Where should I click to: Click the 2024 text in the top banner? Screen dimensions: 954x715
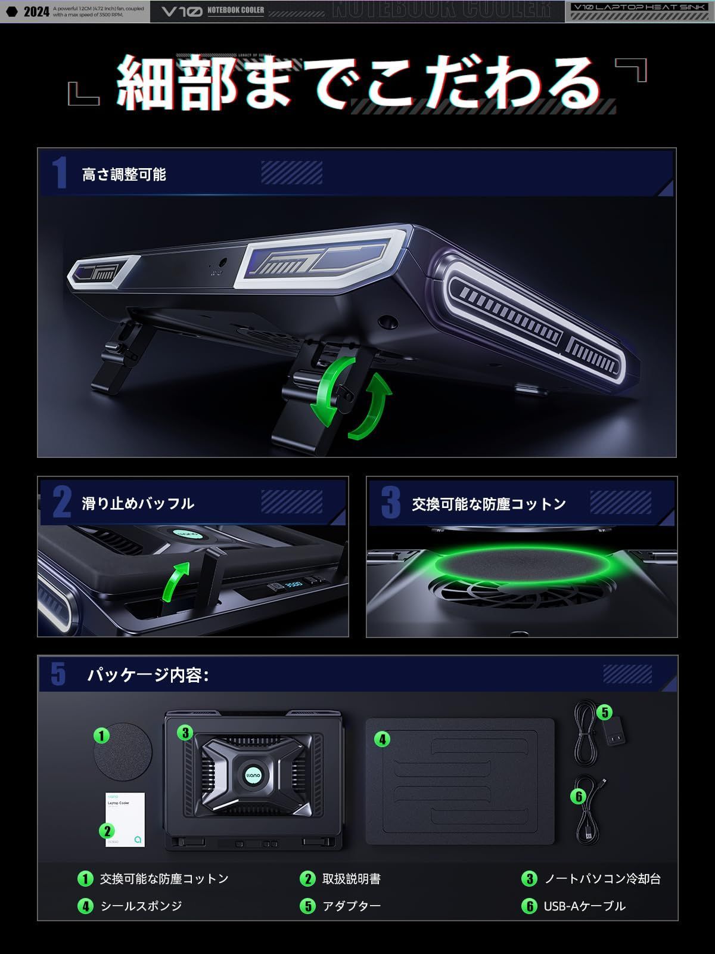pos(36,11)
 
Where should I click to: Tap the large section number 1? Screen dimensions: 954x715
pos(59,174)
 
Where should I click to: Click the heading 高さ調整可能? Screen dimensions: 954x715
pos(124,175)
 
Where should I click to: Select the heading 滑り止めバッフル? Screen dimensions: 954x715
pos(138,504)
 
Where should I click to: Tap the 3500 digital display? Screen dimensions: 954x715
pos(292,585)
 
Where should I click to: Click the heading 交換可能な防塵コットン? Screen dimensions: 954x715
pos(489,504)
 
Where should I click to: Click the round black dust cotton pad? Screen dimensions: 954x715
pos(124,751)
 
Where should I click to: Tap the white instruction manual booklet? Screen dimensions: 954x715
pos(125,819)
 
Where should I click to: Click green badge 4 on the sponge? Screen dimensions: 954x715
pos(382,740)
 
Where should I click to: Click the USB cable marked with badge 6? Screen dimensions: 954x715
pos(587,811)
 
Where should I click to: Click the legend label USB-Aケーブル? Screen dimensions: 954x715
pos(585,906)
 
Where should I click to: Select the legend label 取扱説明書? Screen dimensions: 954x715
pos(352,879)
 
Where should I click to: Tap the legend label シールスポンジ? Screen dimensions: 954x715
pos(141,906)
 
